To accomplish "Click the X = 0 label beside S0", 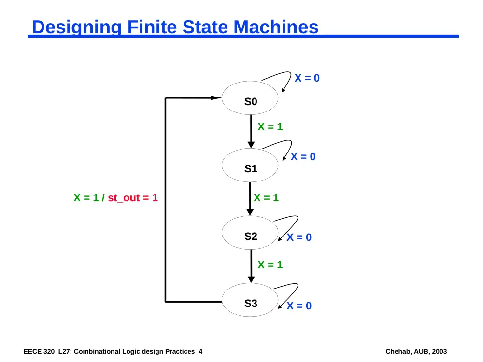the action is [307, 78].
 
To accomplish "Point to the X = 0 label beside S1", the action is [303, 157].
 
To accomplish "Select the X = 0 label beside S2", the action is [299, 237].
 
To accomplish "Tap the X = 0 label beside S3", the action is [299, 306].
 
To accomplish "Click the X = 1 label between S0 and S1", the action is [270, 127].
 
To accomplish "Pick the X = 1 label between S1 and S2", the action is [266, 197].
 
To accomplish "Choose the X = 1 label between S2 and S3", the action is [270, 265].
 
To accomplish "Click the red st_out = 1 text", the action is [133, 197].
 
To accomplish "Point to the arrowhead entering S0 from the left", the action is [216, 98].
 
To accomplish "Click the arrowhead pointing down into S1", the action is [251, 145].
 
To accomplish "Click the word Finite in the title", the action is [152, 27].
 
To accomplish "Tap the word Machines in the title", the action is [276, 27].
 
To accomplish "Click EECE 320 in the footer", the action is [39, 351].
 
